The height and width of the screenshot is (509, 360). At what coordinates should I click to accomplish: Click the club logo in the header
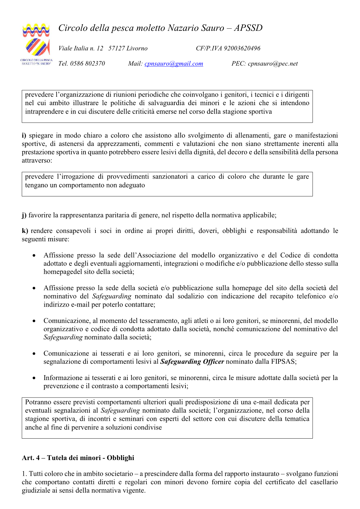[x=36, y=44]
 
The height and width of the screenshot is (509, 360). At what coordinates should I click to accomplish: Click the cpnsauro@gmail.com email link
[x=174, y=64]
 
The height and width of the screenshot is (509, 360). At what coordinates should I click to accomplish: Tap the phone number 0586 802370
[x=88, y=64]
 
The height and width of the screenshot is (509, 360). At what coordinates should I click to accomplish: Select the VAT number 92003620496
[x=242, y=48]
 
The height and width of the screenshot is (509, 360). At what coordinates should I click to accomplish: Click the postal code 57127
[x=117, y=48]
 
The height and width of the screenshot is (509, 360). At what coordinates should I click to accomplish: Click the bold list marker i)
[x=24, y=135]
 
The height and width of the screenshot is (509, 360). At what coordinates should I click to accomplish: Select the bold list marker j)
[x=24, y=215]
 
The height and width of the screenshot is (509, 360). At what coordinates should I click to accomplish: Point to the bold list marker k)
[x=25, y=231]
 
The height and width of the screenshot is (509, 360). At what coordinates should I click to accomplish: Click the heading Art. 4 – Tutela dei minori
[x=78, y=458]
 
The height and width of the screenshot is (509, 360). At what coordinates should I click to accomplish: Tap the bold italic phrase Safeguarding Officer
[x=192, y=362]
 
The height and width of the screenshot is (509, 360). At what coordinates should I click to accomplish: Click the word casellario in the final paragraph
[x=323, y=482]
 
